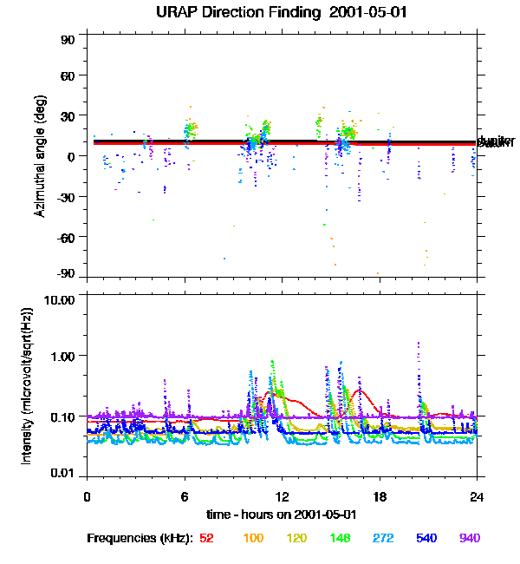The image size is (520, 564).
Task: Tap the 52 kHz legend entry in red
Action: point(206,538)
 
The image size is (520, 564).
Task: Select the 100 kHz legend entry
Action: point(253,538)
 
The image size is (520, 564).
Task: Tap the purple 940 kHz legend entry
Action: point(470,538)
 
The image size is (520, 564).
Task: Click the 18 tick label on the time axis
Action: point(380,496)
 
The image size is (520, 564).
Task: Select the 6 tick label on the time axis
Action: point(185,496)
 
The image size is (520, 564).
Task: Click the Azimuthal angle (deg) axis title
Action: point(39,156)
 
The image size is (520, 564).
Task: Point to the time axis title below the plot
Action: point(282,514)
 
